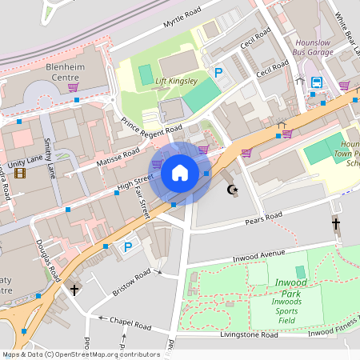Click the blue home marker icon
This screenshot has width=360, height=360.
pos(179,173)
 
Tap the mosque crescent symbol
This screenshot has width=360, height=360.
pos(233,190)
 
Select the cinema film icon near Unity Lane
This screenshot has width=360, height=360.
pos(19,173)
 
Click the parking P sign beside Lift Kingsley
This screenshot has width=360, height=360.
pos(218,73)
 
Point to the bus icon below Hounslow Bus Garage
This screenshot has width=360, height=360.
pos(316,82)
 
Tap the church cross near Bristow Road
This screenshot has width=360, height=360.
pos(74,289)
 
